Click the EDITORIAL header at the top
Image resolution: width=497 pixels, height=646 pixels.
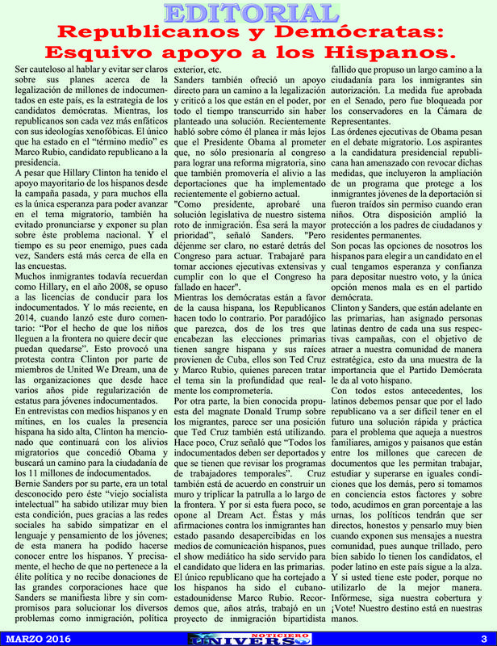pos(248,13)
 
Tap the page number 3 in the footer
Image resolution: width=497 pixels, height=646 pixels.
pos(482,639)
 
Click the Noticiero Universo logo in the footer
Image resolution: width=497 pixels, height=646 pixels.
pos(248,638)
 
